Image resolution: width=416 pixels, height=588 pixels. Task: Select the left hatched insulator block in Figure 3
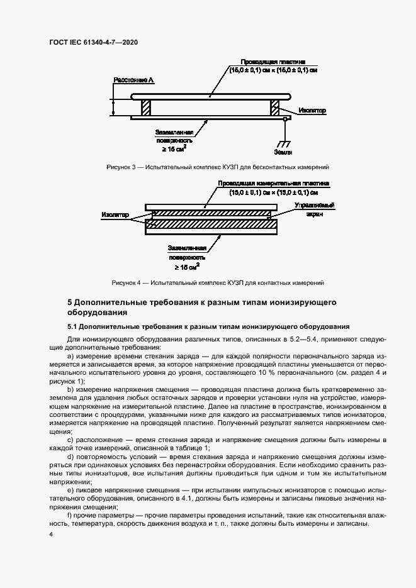(146, 108)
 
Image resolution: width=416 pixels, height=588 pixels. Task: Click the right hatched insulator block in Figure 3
(275, 108)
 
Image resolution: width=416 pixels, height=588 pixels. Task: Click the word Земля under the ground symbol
(283, 152)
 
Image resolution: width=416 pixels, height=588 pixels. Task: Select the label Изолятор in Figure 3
(313, 110)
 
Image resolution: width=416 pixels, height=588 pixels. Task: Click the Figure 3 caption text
(218, 167)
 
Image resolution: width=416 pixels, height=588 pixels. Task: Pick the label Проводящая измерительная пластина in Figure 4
(274, 183)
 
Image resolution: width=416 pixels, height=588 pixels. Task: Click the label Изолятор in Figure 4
(115, 215)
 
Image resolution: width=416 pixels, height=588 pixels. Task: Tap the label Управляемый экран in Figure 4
(315, 210)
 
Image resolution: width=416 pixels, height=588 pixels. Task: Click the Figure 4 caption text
(218, 282)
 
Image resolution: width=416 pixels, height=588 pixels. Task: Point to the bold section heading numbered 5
(201, 307)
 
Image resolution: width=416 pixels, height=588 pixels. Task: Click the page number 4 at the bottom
(51, 534)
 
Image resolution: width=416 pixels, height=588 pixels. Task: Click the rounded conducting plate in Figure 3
(210, 96)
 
